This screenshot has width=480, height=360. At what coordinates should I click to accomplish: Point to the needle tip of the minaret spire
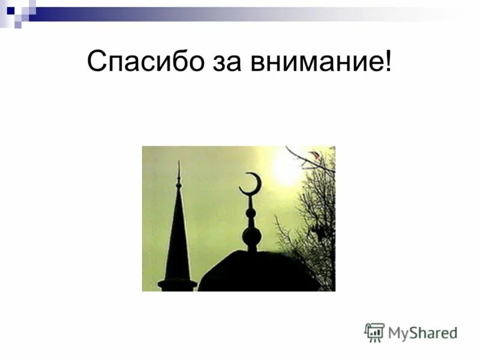pos(178,164)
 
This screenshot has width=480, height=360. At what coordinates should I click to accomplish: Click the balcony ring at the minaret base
pos(177,283)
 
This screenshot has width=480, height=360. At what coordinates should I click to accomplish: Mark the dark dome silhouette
pos(258,273)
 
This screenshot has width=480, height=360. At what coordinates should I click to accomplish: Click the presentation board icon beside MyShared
pos(374,332)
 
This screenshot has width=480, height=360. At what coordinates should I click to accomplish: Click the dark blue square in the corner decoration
pos(10,10)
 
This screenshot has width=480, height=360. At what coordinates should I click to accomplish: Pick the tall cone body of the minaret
pos(178,240)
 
